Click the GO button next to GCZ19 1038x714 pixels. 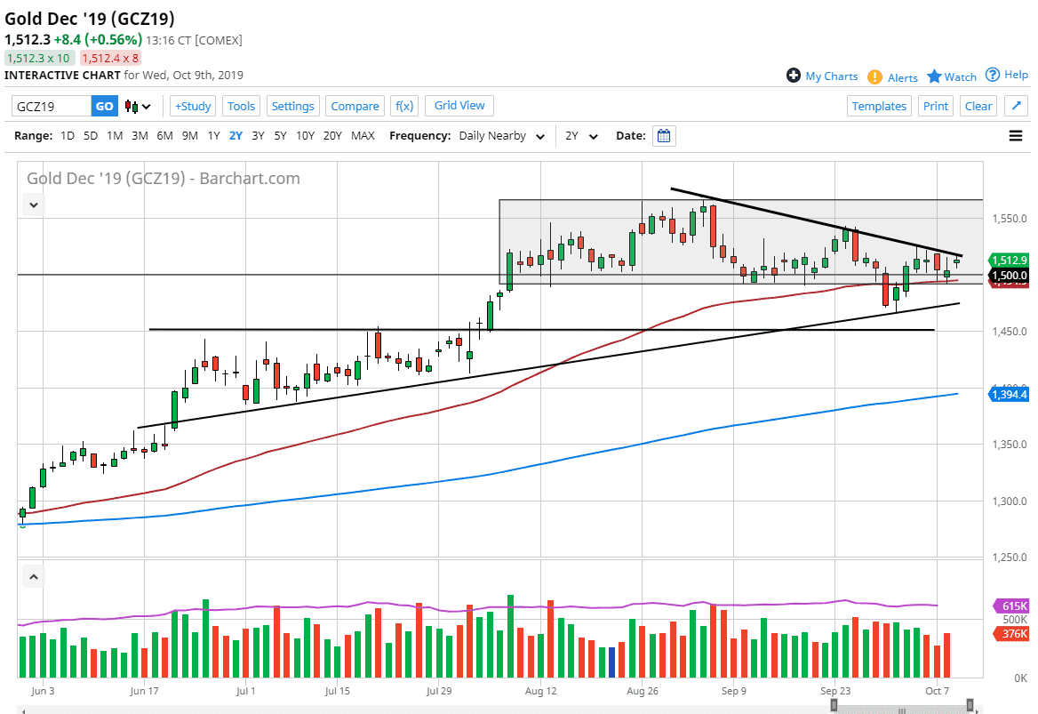tap(104, 106)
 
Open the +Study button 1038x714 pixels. tap(192, 106)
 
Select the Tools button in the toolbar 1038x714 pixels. tap(241, 106)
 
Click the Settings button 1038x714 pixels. tap(292, 106)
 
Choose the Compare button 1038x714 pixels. tap(355, 106)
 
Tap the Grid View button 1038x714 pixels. tap(459, 105)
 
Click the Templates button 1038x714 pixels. tap(879, 106)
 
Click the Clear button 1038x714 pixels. tap(978, 106)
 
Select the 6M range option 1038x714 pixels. tap(164, 136)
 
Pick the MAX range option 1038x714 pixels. tap(363, 136)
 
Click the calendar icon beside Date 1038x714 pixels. tap(664, 136)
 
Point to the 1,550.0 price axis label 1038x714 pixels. tap(1010, 218)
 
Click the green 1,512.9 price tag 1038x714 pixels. tap(1011, 260)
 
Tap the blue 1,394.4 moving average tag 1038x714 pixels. tap(1011, 394)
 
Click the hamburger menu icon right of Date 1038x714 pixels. tap(1015, 136)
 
